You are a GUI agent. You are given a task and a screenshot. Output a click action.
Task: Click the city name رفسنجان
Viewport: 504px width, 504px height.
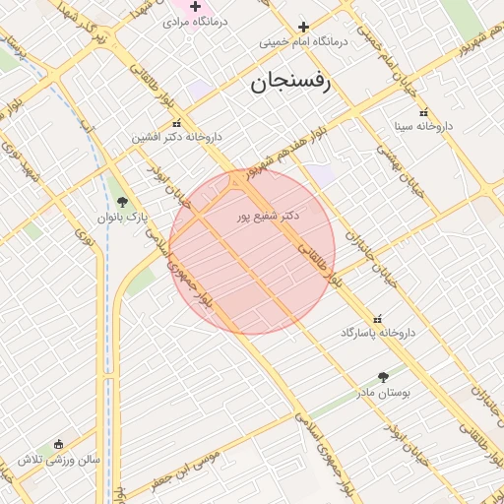292,82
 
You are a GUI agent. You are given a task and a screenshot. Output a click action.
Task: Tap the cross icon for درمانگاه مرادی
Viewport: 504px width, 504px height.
195,7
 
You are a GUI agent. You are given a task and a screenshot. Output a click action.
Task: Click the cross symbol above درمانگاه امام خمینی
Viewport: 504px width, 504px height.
303,27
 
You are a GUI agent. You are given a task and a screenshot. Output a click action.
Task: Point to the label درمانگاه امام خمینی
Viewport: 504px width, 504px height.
304,42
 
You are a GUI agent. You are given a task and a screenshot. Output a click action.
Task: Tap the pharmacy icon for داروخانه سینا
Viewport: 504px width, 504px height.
423,112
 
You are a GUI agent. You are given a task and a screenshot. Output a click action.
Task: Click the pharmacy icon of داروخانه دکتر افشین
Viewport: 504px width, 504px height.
176,124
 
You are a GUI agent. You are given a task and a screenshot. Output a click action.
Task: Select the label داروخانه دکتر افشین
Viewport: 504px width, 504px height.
177,138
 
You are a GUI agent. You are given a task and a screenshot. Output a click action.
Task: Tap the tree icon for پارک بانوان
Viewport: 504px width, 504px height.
122,202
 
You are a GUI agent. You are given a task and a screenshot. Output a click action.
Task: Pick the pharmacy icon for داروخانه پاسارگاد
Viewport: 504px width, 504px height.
378,318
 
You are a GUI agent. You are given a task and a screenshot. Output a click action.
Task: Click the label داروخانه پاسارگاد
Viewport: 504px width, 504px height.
379,333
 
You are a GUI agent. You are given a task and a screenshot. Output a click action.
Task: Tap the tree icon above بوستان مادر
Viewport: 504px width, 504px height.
383,377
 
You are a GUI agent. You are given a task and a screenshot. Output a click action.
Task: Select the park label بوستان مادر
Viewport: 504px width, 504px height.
383,392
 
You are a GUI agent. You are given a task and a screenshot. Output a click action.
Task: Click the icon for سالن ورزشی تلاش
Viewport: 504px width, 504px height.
59,445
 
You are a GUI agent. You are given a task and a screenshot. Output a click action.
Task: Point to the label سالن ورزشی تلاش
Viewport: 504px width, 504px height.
58,460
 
